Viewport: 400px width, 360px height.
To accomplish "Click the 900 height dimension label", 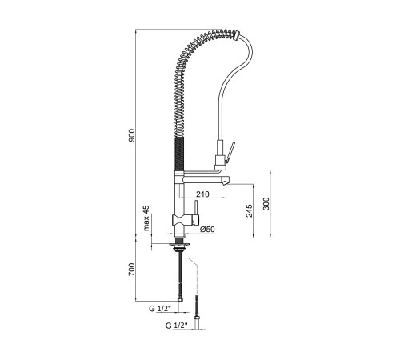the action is click(x=132, y=135).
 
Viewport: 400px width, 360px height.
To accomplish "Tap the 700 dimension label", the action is click(x=132, y=270).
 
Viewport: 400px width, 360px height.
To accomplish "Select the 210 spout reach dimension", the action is click(x=202, y=194).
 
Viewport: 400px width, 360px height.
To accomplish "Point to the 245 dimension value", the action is click(x=249, y=210).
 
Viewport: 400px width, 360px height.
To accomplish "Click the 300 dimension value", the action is click(x=266, y=204).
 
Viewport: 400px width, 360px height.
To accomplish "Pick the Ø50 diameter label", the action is click(x=207, y=229).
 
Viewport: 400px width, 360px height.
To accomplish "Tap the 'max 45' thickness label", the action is click(x=146, y=218).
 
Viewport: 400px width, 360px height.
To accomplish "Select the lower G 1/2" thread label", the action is click(x=177, y=326).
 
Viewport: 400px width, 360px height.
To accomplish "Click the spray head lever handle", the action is click(x=230, y=153).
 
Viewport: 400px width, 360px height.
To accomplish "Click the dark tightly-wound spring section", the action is click(x=179, y=154).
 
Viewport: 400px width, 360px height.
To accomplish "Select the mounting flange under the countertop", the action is click(x=179, y=243).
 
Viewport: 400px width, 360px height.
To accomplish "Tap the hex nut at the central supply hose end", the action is click(x=180, y=300).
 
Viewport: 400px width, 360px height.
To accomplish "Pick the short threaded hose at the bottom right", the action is click(x=197, y=306).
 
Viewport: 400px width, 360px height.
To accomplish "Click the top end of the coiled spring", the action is click(x=237, y=35).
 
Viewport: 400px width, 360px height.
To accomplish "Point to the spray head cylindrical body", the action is click(x=221, y=155).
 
